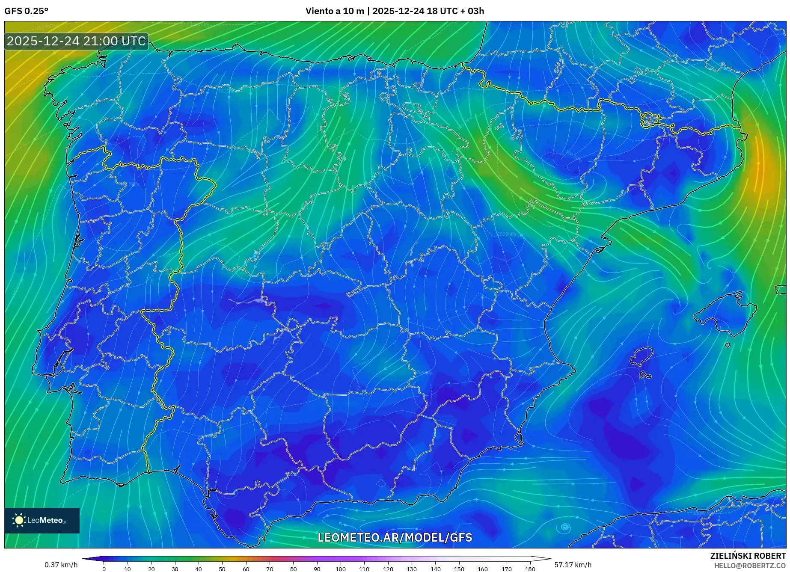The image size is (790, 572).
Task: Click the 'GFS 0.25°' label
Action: pos(26,11)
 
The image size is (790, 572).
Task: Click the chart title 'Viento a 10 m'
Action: pos(335,11)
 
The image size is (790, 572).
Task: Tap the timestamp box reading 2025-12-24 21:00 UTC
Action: pos(77,41)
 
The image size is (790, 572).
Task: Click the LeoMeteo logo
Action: pos(42,520)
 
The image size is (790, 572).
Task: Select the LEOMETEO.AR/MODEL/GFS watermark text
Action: pos(395,537)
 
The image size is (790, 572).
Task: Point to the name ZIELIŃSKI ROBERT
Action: pos(748,556)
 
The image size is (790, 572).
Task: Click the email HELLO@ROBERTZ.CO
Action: pos(750,566)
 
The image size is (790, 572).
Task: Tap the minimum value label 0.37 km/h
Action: pos(61,565)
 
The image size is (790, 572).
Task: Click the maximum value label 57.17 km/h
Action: pos(573,565)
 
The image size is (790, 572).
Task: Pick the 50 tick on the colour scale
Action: pos(222,569)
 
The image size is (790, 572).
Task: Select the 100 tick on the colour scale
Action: pos(341,569)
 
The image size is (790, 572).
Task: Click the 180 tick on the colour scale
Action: pos(530,569)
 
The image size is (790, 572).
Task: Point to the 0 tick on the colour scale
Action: pos(104,569)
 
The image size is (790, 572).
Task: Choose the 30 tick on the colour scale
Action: pos(175,569)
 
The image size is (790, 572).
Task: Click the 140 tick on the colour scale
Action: pos(435,569)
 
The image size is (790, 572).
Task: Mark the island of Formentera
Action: pos(645,375)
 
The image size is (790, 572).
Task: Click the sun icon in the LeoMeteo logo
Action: pos(19,520)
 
